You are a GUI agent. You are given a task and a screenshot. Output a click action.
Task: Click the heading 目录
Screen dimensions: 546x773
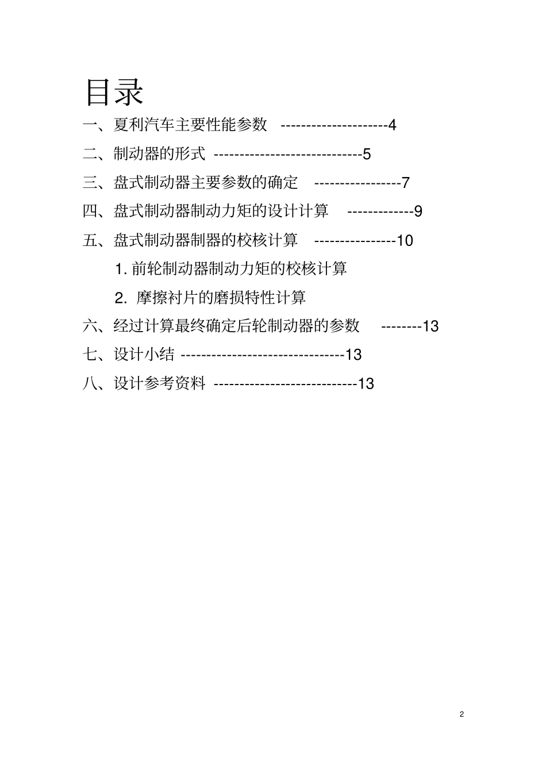[x=114, y=91]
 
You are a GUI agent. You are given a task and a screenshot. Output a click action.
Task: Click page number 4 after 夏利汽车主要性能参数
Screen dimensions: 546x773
[x=392, y=125]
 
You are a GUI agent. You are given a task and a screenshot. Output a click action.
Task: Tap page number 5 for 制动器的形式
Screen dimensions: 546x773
[x=367, y=154]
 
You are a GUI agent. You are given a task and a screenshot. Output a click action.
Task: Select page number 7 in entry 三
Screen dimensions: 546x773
[x=405, y=183]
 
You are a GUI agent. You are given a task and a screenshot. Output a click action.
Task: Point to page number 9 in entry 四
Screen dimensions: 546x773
[x=418, y=211]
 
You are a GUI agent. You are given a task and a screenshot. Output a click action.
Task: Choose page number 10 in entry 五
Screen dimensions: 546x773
[x=405, y=240]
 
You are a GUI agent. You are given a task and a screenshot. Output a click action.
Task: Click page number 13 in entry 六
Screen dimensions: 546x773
[x=430, y=326]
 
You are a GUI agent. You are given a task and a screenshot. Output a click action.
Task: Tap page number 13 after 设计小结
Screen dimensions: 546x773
[x=353, y=355]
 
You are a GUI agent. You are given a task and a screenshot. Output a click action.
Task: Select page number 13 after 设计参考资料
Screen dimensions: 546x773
[x=366, y=383]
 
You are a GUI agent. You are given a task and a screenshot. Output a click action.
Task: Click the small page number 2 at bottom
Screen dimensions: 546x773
[x=462, y=714]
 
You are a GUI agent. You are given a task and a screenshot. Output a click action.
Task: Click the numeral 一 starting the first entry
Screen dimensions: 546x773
[x=91, y=125]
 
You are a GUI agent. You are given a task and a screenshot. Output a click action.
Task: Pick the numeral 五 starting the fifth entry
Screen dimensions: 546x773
[x=91, y=240]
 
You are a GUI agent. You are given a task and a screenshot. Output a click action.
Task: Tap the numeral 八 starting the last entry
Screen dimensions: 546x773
[x=91, y=383]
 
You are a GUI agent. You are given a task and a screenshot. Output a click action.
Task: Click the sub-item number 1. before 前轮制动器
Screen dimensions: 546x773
[x=121, y=268]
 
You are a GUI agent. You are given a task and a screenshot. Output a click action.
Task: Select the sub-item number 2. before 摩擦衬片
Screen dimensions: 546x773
[x=120, y=298]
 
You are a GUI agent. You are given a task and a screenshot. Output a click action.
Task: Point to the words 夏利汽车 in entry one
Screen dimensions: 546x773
[x=144, y=125]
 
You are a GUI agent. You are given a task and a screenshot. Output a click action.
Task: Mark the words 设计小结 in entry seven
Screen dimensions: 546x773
[x=144, y=355]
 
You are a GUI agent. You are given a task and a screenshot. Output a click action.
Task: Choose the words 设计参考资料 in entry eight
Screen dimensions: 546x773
[x=159, y=383]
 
